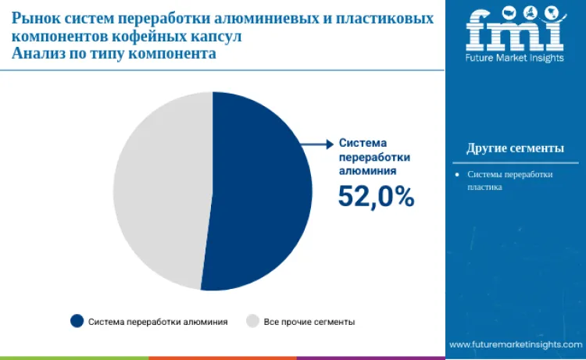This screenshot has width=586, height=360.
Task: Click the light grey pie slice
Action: click(x=160, y=191)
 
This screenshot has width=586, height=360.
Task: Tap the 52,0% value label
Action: click(x=376, y=197)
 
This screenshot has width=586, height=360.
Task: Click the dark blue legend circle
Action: click(x=77, y=321)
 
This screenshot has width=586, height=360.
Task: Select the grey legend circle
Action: click(x=252, y=321)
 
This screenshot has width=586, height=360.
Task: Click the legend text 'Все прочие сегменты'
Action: click(x=309, y=322)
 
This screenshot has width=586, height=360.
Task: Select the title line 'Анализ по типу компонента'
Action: click(x=113, y=55)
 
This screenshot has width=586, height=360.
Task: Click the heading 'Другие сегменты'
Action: click(x=515, y=148)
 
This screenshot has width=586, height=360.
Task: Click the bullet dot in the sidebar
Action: click(x=457, y=174)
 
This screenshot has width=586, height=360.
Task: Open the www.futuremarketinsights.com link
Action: click(x=515, y=344)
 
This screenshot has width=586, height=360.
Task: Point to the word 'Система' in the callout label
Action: click(x=363, y=144)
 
